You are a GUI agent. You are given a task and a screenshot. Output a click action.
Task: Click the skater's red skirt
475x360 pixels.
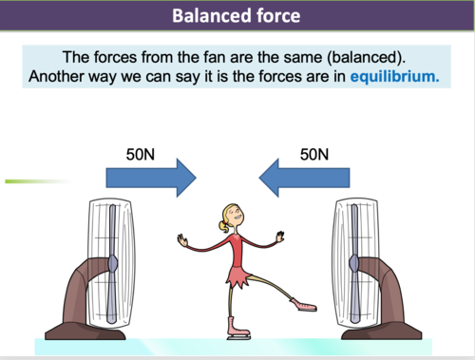pos(235,277)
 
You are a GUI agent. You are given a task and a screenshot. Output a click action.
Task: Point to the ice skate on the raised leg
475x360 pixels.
pos(302,306)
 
